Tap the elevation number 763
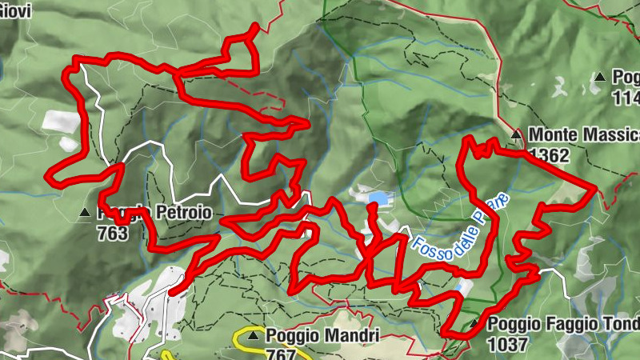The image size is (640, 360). coord(112,234)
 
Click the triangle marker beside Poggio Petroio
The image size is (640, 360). coord(86,214)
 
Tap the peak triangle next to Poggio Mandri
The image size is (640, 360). coord(254,336)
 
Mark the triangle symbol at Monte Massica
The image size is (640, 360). coord(517,134)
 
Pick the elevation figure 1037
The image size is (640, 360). coord(507,345)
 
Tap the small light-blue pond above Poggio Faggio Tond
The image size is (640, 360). coord(463,286)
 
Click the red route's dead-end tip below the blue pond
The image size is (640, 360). coord(371,208)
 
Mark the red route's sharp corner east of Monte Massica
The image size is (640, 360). coord(595,190)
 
